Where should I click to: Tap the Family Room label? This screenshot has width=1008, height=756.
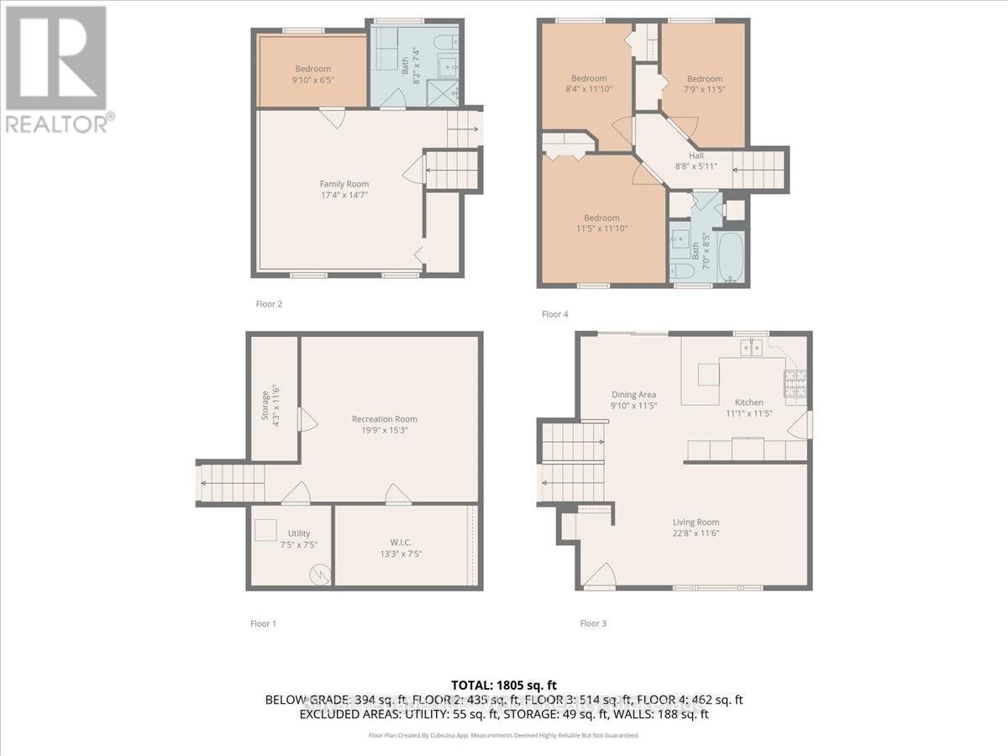coord(344,184)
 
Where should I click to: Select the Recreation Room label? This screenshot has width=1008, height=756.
coord(384,418)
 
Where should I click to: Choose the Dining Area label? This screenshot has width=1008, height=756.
coord(633,394)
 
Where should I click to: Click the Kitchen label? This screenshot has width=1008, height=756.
coord(744,402)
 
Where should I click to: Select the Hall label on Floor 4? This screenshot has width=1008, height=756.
coord(696,155)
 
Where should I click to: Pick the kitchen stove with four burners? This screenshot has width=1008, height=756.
coord(794,384)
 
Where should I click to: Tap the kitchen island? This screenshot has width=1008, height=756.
coord(708,374)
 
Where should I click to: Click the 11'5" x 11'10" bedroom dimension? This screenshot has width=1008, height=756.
coord(602,228)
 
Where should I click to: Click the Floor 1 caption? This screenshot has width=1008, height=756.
coord(263,623)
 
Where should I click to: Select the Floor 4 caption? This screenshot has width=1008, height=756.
coord(554,314)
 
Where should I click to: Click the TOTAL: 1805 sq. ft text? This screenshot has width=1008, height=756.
coord(504,685)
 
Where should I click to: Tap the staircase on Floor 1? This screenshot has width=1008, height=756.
coord(231,484)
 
